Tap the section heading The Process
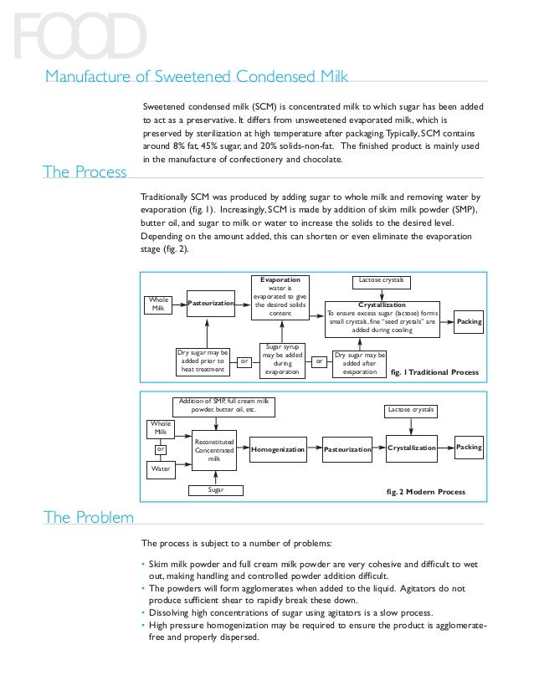coord(85,172)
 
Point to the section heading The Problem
coord(88,516)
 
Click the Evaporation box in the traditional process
coord(280,302)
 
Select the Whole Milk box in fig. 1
coord(159,303)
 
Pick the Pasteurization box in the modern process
coord(347,449)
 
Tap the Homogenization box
coord(277,449)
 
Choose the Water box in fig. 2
coord(159,469)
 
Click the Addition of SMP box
coord(223,406)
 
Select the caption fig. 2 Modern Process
coord(432,491)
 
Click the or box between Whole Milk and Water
coord(159,449)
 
